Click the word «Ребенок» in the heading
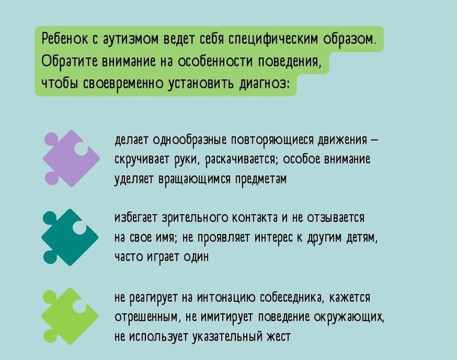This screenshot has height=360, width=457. coord(65,40)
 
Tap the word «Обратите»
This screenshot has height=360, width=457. coord(69,61)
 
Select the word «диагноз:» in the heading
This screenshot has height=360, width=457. coord(264,84)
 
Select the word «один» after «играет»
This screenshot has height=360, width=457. coord(196,257)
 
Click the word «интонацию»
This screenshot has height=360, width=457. coord(226,298)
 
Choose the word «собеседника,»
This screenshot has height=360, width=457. coord(292,298)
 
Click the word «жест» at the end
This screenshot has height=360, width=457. coord(279,337)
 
